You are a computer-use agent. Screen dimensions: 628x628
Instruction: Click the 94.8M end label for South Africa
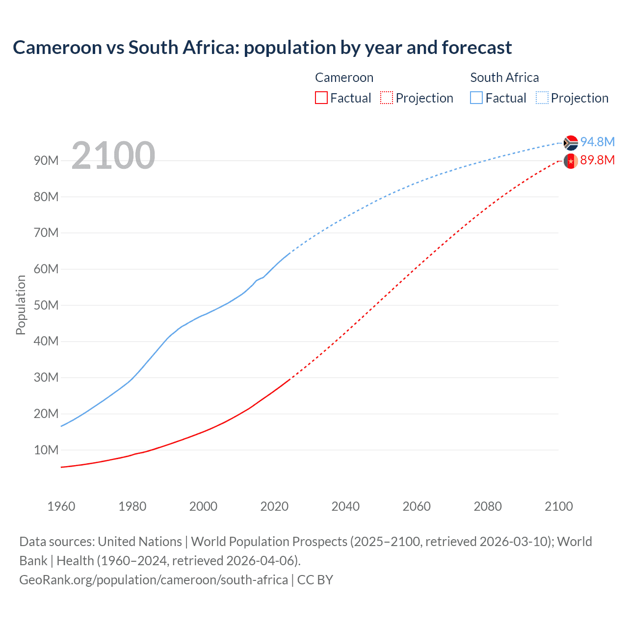pyautogui.click(x=597, y=142)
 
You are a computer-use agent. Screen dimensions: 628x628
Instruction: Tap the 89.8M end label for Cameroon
pyautogui.click(x=597, y=160)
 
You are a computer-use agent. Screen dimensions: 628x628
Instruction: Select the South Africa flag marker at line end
pyautogui.click(x=571, y=143)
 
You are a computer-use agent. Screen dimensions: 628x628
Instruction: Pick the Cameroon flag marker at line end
pyautogui.click(x=571, y=161)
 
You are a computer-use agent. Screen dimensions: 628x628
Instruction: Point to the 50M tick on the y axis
pyautogui.click(x=46, y=305)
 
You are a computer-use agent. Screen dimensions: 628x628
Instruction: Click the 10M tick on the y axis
pyautogui.click(x=46, y=450)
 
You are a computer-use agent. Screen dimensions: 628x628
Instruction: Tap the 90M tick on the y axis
pyautogui.click(x=46, y=161)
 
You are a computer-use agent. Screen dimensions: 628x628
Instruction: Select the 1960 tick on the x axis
pyautogui.click(x=61, y=506)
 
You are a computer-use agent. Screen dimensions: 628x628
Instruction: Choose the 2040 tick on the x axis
pyautogui.click(x=345, y=506)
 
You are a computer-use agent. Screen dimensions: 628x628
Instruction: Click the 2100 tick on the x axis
pyautogui.click(x=558, y=506)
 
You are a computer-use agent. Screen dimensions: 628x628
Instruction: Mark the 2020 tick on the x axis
pyautogui.click(x=274, y=506)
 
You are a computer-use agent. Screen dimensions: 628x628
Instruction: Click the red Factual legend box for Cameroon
pyautogui.click(x=321, y=98)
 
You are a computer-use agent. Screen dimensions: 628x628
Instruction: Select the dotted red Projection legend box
pyautogui.click(x=387, y=98)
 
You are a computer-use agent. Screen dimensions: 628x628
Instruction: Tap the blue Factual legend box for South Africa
pyautogui.click(x=476, y=98)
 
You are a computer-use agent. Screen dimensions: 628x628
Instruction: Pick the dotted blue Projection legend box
pyautogui.click(x=542, y=98)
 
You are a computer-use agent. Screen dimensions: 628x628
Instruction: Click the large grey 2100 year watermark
pyautogui.click(x=113, y=156)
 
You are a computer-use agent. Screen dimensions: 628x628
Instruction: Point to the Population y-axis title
pyautogui.click(x=21, y=305)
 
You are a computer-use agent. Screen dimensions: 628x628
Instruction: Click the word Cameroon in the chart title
pyautogui.click(x=57, y=48)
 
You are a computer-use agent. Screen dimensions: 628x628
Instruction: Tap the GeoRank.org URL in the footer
pyautogui.click(x=154, y=580)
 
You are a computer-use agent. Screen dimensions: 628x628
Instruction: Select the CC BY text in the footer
pyautogui.click(x=315, y=580)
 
